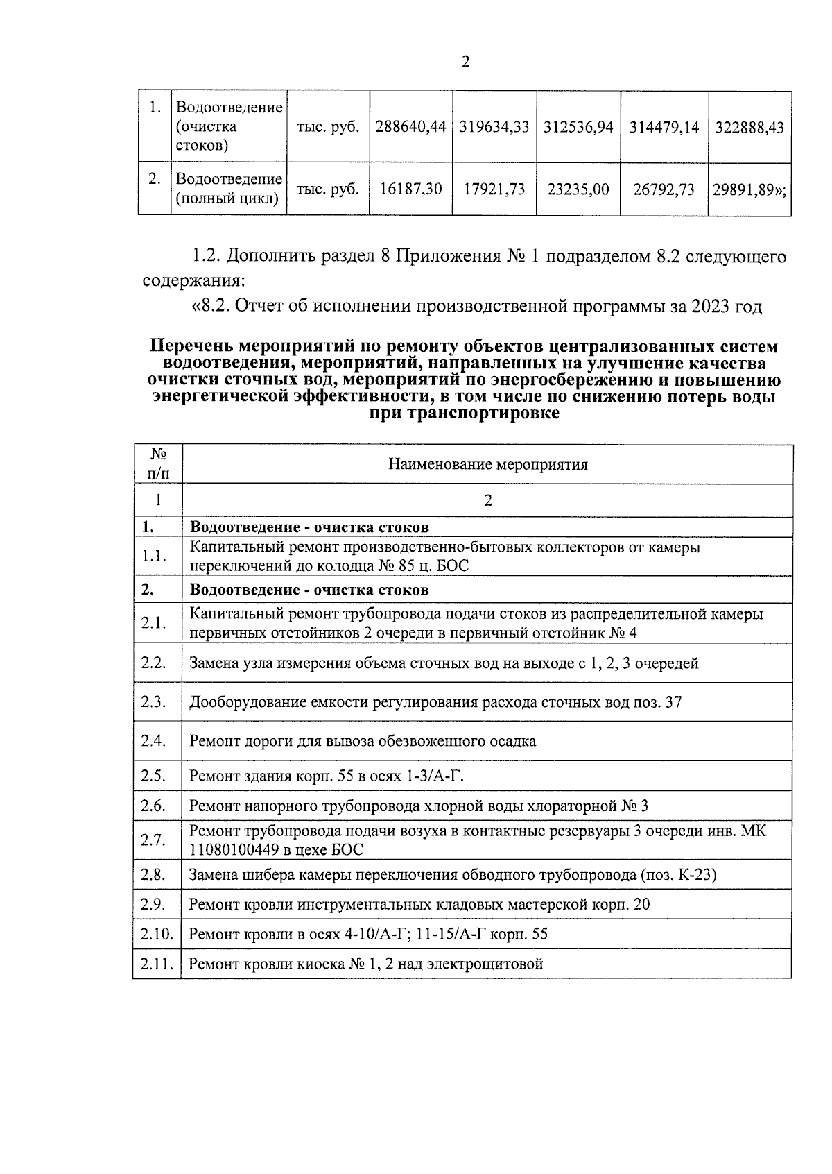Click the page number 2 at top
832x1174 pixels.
(465, 62)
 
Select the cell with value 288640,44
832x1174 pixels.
(410, 128)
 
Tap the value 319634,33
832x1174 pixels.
(494, 128)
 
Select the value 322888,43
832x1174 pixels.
(749, 128)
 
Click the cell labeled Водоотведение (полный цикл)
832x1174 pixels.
(229, 189)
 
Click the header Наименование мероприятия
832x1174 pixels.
(487, 465)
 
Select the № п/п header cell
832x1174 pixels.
(157, 464)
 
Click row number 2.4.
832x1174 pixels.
(153, 741)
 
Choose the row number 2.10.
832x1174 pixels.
(156, 934)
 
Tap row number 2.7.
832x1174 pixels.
(153, 840)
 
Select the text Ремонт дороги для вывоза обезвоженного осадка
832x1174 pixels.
(362, 741)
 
